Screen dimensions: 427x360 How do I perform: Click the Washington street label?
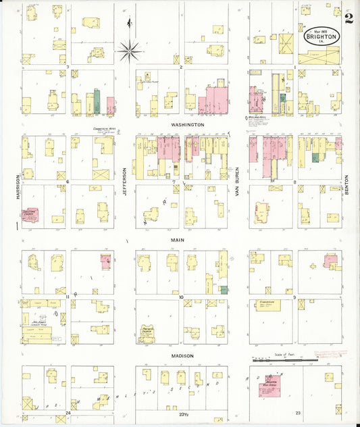(187, 125)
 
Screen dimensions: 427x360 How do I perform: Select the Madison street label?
(182, 356)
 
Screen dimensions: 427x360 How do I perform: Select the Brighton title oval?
(323, 34)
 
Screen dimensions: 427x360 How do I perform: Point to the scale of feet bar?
(284, 360)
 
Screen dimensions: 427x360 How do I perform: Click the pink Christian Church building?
(30, 215)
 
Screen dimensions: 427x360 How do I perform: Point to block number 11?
(68, 297)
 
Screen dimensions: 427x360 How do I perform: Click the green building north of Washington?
(97, 101)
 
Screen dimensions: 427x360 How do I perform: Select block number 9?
(294, 297)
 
